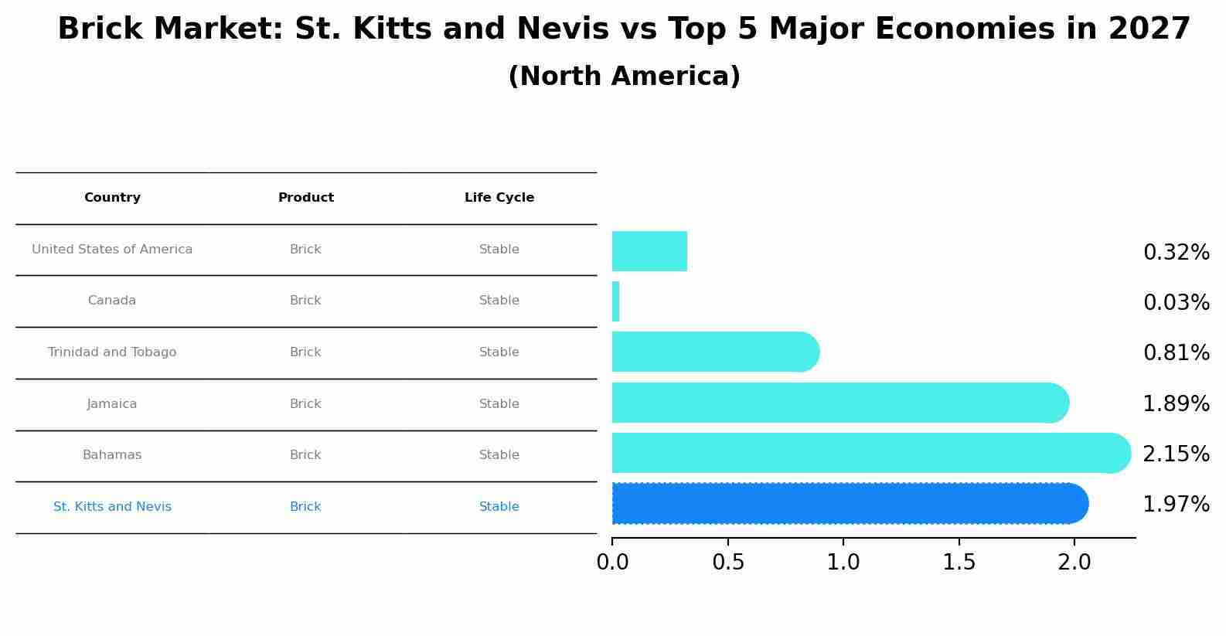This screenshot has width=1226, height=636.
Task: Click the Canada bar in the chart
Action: (x=616, y=301)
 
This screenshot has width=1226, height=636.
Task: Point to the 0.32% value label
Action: (x=1176, y=253)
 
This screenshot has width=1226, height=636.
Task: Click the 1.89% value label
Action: (x=1176, y=403)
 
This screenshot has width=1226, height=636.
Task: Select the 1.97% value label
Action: (x=1176, y=505)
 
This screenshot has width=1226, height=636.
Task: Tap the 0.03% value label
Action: (x=1176, y=303)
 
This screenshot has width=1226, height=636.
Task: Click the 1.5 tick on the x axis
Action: (x=959, y=563)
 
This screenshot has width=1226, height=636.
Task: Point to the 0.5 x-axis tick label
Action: (x=728, y=563)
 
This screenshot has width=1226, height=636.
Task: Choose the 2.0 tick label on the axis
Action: (x=1074, y=563)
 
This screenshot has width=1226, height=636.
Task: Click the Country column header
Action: (x=112, y=198)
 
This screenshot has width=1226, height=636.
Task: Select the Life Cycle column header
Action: (x=499, y=198)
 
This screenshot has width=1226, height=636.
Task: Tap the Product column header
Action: (x=306, y=198)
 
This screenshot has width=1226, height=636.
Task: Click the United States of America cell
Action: (x=112, y=250)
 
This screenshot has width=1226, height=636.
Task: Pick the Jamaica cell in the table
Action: (x=112, y=404)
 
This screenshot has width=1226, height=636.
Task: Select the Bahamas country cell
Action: (x=112, y=455)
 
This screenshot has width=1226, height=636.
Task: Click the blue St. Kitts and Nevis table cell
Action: (x=112, y=507)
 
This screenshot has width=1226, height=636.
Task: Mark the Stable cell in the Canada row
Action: (x=499, y=301)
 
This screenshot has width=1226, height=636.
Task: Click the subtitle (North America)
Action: (x=624, y=77)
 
